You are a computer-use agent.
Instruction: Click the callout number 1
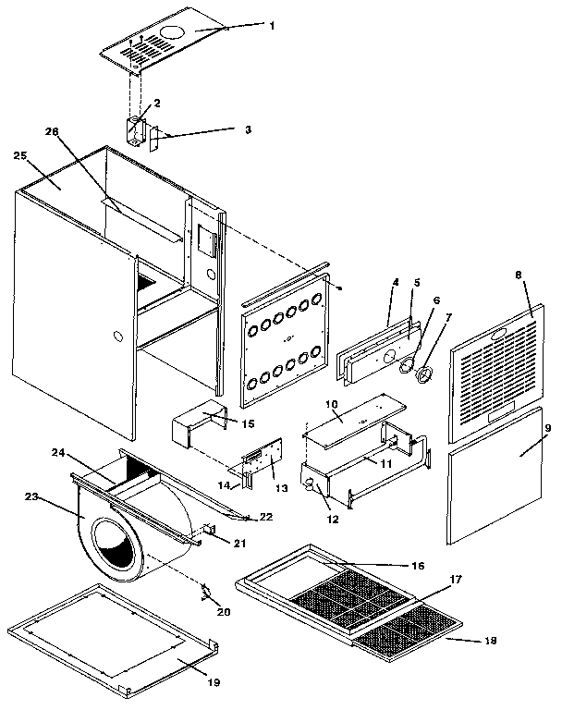271,26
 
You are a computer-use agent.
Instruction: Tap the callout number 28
52,132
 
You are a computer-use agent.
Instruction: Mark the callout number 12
333,520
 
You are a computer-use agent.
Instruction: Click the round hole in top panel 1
172,31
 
